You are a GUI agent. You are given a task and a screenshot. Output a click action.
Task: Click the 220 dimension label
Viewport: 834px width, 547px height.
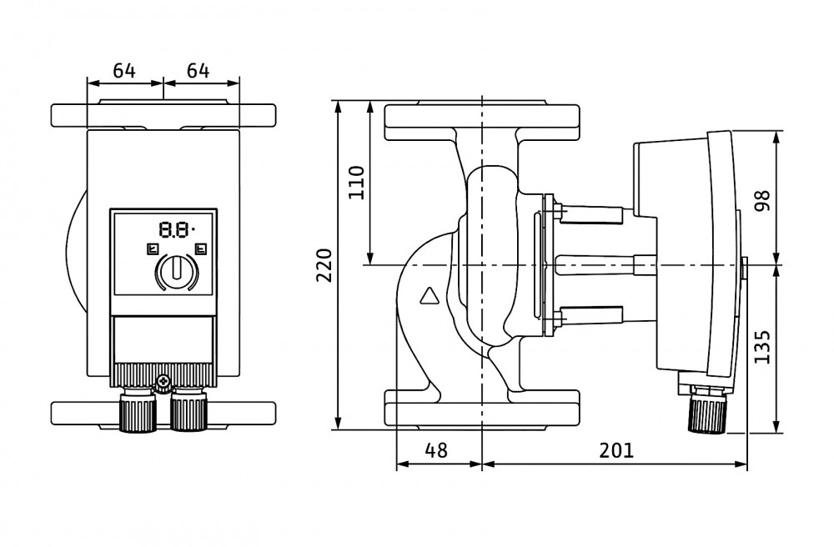click(324, 264)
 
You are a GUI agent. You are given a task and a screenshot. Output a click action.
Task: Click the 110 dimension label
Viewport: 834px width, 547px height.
click(356, 183)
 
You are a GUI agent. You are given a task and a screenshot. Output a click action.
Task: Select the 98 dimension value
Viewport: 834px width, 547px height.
click(762, 199)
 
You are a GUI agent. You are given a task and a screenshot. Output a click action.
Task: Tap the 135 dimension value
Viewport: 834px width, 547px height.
click(762, 347)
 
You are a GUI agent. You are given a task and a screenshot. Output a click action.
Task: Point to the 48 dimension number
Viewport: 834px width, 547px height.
click(436, 450)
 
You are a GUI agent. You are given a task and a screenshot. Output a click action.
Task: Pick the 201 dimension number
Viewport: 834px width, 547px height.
click(616, 450)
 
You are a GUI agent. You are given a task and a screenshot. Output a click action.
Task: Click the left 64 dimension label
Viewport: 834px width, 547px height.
click(124, 71)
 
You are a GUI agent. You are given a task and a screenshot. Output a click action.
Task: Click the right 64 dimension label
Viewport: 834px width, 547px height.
click(198, 71)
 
